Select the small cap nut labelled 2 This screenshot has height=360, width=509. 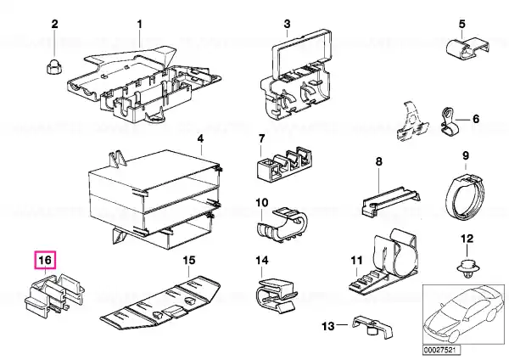54,64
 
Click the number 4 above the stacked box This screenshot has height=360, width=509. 200,138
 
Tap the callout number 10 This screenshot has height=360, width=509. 262,204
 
